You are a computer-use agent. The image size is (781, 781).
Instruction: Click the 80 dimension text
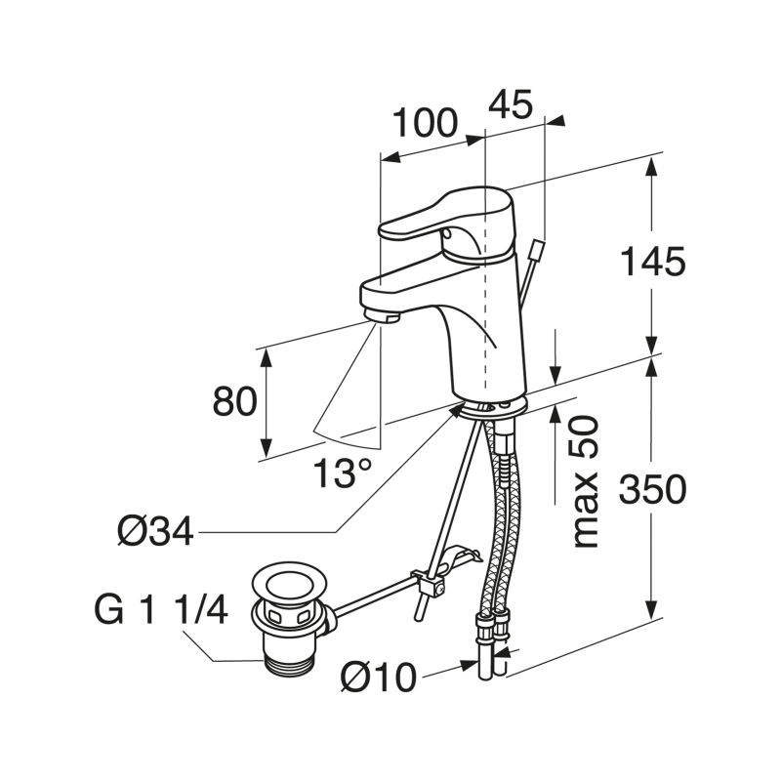[x=235, y=402]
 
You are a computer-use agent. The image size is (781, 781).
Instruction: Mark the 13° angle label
[x=342, y=473]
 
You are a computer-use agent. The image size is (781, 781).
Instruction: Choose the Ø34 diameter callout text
[x=153, y=532]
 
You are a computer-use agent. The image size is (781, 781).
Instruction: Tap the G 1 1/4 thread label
[x=161, y=611]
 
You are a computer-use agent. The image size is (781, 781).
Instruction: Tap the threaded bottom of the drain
[x=291, y=659]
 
